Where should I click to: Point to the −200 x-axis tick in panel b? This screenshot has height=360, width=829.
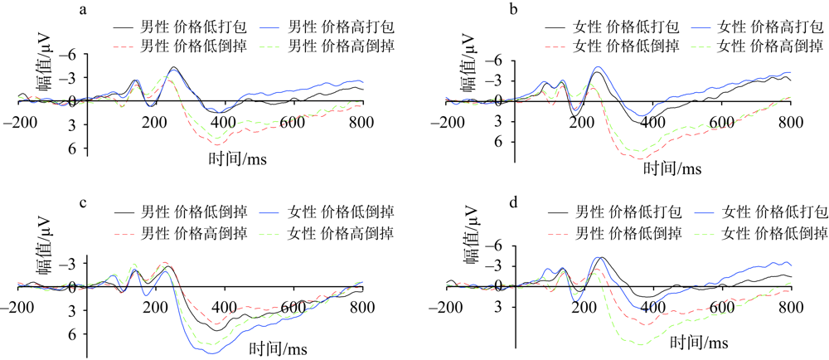(x=452, y=123)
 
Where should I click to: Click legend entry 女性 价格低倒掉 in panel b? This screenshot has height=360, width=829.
(x=621, y=46)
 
